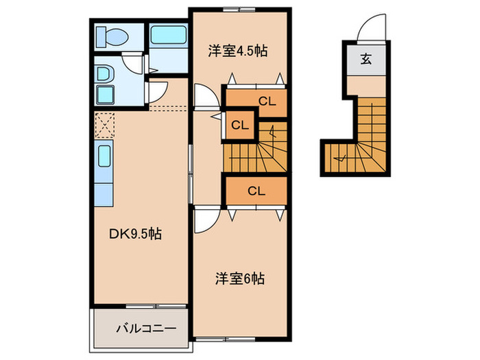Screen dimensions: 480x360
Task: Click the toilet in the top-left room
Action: (x=112, y=37)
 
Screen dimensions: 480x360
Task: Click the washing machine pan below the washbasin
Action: (x=106, y=95)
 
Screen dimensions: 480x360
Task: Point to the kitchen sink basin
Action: (x=104, y=156)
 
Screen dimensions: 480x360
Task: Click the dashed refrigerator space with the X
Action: (x=105, y=125)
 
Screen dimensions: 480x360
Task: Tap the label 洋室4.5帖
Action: (x=238, y=51)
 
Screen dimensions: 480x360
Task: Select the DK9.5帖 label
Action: (x=136, y=235)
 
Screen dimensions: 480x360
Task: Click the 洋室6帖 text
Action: (x=240, y=278)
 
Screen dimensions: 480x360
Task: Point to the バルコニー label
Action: (x=146, y=328)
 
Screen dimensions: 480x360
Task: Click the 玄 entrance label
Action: (x=365, y=58)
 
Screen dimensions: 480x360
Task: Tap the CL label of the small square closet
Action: (x=240, y=125)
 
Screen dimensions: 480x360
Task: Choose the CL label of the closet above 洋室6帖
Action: (x=256, y=191)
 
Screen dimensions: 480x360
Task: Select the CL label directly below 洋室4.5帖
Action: (x=267, y=101)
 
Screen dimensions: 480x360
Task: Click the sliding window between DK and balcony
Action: (x=156, y=306)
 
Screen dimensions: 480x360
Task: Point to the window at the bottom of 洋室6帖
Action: (x=226, y=339)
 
